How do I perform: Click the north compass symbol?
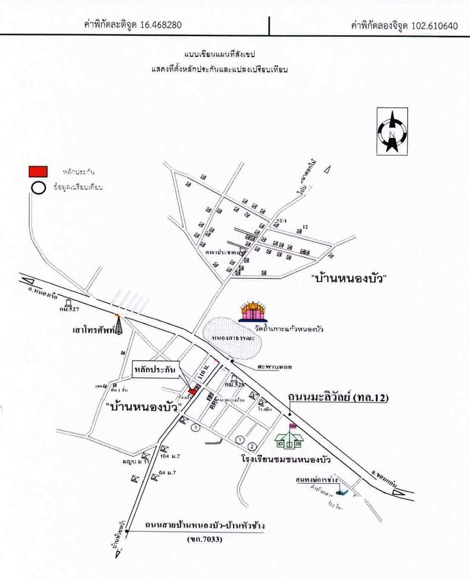click(x=392, y=132)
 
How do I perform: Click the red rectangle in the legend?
click(x=37, y=171)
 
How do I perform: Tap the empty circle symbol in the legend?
click(x=37, y=188)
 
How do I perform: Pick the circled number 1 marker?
click(x=241, y=439)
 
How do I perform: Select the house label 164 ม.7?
click(x=171, y=456)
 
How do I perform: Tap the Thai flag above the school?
click(x=292, y=426)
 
